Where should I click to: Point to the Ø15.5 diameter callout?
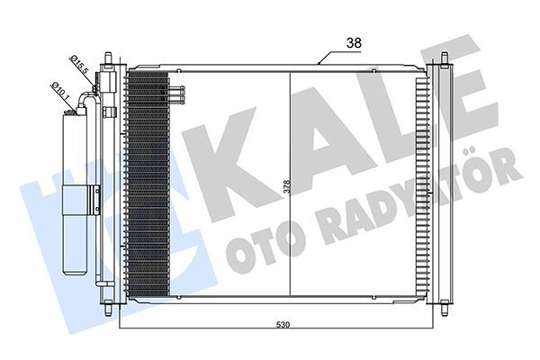(x=77, y=65)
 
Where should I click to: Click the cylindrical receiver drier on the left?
(x=76, y=189)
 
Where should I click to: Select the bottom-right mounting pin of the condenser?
(x=444, y=311)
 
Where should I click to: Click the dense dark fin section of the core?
(x=148, y=189)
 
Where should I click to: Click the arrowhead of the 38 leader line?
(x=319, y=64)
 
